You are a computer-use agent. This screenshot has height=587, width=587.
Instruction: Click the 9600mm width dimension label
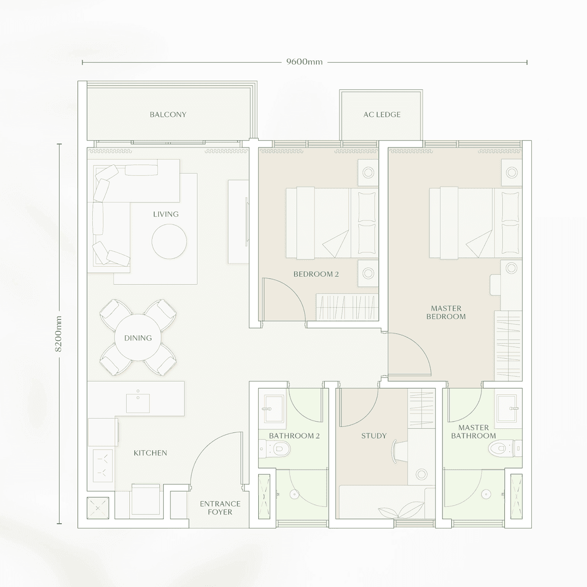(304, 62)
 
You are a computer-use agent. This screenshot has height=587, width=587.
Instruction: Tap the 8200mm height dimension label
(59, 334)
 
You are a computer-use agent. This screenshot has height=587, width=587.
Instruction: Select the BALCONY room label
(168, 115)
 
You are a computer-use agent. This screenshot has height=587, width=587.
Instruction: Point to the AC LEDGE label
(382, 115)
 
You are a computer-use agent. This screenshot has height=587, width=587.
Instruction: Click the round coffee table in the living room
(169, 241)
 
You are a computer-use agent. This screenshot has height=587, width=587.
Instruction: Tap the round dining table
(138, 338)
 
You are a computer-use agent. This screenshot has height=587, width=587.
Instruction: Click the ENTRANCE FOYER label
(220, 508)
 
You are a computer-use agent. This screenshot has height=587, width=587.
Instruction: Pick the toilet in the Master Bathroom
(501, 449)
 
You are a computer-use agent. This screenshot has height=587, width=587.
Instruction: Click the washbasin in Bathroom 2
(274, 408)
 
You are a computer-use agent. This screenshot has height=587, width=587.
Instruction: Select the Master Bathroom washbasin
(507, 408)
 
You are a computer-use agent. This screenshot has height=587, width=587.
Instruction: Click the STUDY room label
(374, 436)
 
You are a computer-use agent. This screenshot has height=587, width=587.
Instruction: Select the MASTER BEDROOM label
(446, 312)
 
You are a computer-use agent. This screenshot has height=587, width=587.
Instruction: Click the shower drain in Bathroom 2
(294, 494)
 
